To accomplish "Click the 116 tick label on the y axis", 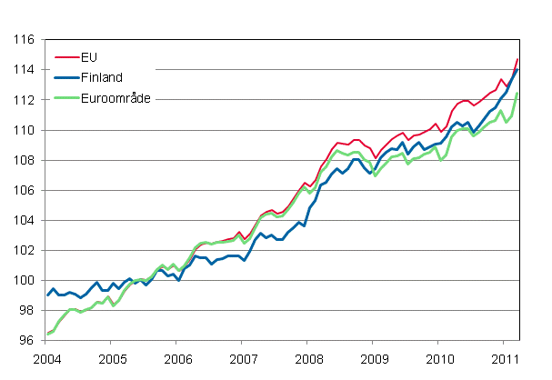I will coord(25,40).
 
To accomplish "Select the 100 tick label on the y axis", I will coord(25,281).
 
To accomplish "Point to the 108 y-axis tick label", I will coord(25,160).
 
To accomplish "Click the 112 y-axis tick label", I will coord(25,100).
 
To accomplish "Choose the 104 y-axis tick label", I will coord(25,221).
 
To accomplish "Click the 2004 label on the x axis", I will coord(47,357).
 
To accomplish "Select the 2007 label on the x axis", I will coord(242,357).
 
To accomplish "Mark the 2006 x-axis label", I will coord(177,357).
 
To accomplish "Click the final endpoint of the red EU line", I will coord(517,59).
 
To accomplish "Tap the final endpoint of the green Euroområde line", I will coord(517,94).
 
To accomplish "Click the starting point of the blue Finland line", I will coord(47,295).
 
